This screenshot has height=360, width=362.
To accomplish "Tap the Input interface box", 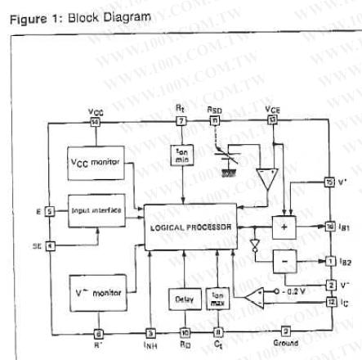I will click(x=95, y=211).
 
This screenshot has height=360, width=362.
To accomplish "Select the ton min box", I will click(x=183, y=155).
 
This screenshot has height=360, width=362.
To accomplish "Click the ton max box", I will click(x=218, y=299).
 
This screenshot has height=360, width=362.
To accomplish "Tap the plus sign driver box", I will click(x=283, y=226).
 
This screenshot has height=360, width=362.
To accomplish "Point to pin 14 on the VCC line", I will click(x=95, y=122).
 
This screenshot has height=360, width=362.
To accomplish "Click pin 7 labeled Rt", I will click(x=181, y=122).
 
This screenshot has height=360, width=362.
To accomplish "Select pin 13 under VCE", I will click(x=272, y=122).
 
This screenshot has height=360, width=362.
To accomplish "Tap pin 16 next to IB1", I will click(x=330, y=226).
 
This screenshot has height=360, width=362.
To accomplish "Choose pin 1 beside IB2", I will click(x=330, y=261).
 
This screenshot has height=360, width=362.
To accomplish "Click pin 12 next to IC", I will click(x=330, y=302).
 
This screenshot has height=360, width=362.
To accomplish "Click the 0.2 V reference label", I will click(x=291, y=290).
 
